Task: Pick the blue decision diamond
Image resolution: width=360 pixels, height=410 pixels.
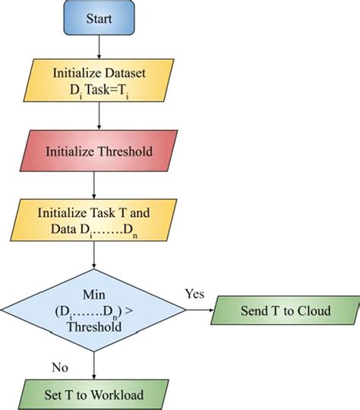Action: (93, 309)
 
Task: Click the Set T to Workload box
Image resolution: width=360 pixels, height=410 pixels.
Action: (93, 393)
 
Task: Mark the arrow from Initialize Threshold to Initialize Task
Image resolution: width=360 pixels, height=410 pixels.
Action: (94, 186)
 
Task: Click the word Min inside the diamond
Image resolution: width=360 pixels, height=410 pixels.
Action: (93, 292)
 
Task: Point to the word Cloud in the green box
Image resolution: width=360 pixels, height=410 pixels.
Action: (314, 310)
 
